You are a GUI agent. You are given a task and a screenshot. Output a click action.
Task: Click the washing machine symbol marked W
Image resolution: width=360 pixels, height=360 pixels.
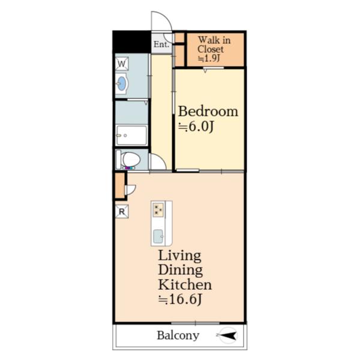[122, 64]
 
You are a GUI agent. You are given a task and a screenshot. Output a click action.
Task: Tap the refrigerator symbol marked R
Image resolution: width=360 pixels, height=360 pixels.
[122, 211]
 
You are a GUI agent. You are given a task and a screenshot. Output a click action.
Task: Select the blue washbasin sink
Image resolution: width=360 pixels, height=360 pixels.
[121, 83]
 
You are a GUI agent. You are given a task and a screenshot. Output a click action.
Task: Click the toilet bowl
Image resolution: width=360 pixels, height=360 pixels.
[129, 160]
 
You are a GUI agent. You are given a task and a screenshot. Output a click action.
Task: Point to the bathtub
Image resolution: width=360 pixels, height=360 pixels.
[131, 135]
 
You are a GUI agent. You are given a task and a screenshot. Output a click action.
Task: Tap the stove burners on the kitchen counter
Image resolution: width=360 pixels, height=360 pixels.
[158, 209]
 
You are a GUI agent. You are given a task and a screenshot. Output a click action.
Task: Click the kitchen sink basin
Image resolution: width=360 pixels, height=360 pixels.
[158, 236]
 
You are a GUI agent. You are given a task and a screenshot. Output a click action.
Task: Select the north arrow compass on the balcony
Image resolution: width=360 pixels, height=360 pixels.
[228, 335]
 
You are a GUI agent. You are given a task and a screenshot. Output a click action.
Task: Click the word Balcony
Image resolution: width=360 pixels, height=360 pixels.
[178, 335]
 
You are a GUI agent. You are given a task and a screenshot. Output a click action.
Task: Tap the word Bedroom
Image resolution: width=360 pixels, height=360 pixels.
[208, 112]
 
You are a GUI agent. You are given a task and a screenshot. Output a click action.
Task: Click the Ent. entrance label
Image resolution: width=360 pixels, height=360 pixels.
[161, 44]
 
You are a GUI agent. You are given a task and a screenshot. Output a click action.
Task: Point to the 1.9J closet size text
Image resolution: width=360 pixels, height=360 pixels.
[209, 58]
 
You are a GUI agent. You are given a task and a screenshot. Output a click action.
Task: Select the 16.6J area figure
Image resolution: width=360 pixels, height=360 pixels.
[180, 299]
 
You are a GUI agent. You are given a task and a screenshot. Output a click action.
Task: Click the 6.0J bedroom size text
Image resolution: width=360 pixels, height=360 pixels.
[196, 127]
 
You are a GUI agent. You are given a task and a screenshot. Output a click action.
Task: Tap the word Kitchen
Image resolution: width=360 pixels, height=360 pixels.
[185, 284]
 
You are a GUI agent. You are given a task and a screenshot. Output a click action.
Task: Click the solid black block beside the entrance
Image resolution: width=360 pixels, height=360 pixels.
[132, 41]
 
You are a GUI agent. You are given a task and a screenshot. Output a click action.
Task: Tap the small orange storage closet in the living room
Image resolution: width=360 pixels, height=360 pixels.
[119, 185]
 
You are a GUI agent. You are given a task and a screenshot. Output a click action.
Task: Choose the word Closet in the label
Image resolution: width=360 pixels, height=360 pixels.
[211, 49]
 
